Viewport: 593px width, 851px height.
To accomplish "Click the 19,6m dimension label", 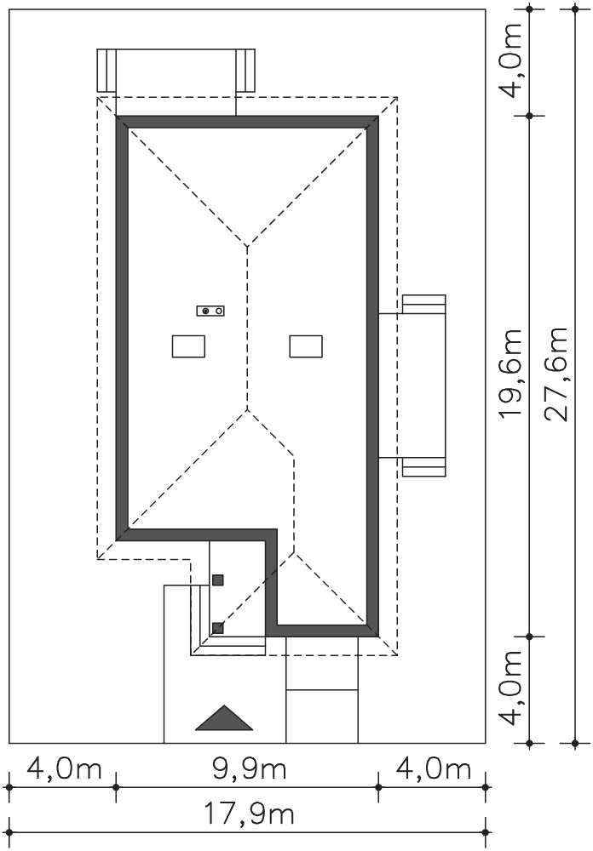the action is [510, 373].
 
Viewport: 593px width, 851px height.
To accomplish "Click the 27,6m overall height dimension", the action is [556, 374].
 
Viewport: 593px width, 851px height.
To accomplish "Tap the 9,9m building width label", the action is [250, 769].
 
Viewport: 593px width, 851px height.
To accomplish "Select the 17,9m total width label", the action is [250, 814].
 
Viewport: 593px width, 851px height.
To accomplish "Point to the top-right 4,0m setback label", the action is [510, 60].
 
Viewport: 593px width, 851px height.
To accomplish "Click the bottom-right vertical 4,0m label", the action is [510, 688].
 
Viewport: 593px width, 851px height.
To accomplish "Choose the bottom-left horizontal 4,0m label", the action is [64, 769].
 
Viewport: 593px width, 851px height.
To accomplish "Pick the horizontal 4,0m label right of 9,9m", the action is [433, 769].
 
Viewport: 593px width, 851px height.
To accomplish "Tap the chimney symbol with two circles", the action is [211, 311].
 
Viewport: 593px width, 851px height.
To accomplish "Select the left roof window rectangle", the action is [188, 346].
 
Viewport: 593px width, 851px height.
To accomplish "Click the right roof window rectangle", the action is [306, 346].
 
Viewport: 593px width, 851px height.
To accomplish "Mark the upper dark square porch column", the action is [217, 580].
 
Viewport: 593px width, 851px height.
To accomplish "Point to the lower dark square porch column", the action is [217, 628].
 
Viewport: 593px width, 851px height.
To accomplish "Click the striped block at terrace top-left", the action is [107, 71].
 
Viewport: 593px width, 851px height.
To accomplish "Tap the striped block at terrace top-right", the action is [245, 71].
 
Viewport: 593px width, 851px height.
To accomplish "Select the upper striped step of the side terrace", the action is [424, 304].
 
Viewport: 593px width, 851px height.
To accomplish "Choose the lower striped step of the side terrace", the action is [424, 467].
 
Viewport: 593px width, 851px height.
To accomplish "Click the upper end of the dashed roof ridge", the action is [248, 247].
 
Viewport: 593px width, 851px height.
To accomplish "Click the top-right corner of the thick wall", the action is [378, 116].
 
